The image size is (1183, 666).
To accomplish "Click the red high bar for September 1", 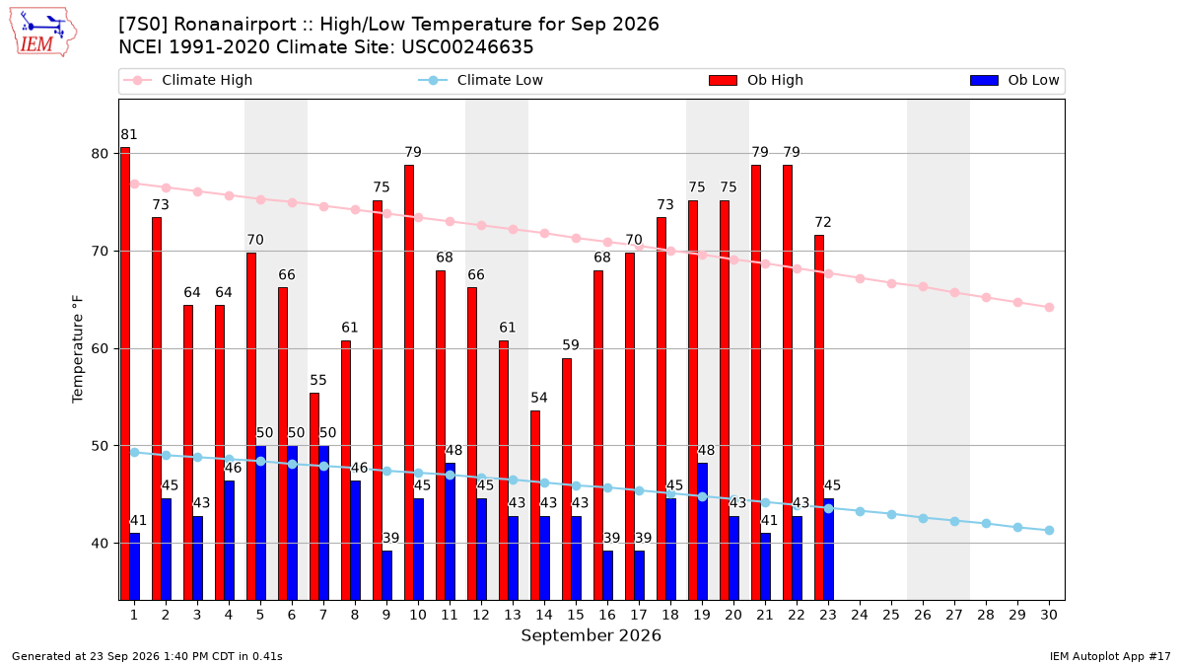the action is click(125, 374).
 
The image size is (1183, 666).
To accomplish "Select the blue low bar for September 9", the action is click(387, 575).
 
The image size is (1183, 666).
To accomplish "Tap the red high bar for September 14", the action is click(535, 505).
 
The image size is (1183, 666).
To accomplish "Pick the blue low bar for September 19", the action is click(702, 532).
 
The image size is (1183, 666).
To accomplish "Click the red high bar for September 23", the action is click(819, 417).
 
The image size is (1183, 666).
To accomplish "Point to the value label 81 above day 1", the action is click(128, 135).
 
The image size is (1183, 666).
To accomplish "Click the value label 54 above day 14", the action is click(538, 398).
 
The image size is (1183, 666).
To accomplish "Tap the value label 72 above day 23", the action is click(823, 222).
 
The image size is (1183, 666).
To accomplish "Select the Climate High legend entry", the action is click(188, 80).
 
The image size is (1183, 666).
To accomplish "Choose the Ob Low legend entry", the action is click(1014, 80).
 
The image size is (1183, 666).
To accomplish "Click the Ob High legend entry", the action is click(756, 80).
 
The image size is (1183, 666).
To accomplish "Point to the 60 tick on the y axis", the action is click(100, 349).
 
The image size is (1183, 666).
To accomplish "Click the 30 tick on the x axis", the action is click(1049, 615).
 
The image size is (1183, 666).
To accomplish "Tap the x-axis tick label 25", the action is click(891, 615).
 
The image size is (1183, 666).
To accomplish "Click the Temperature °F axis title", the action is click(77, 349).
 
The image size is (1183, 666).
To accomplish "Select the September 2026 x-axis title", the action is click(591, 635).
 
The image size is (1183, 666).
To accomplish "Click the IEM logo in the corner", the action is click(43, 33).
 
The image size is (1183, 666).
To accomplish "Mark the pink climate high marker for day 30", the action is click(1049, 308).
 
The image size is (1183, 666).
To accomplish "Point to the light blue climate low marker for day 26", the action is click(923, 519).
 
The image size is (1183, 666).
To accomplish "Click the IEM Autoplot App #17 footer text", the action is click(1110, 656).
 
